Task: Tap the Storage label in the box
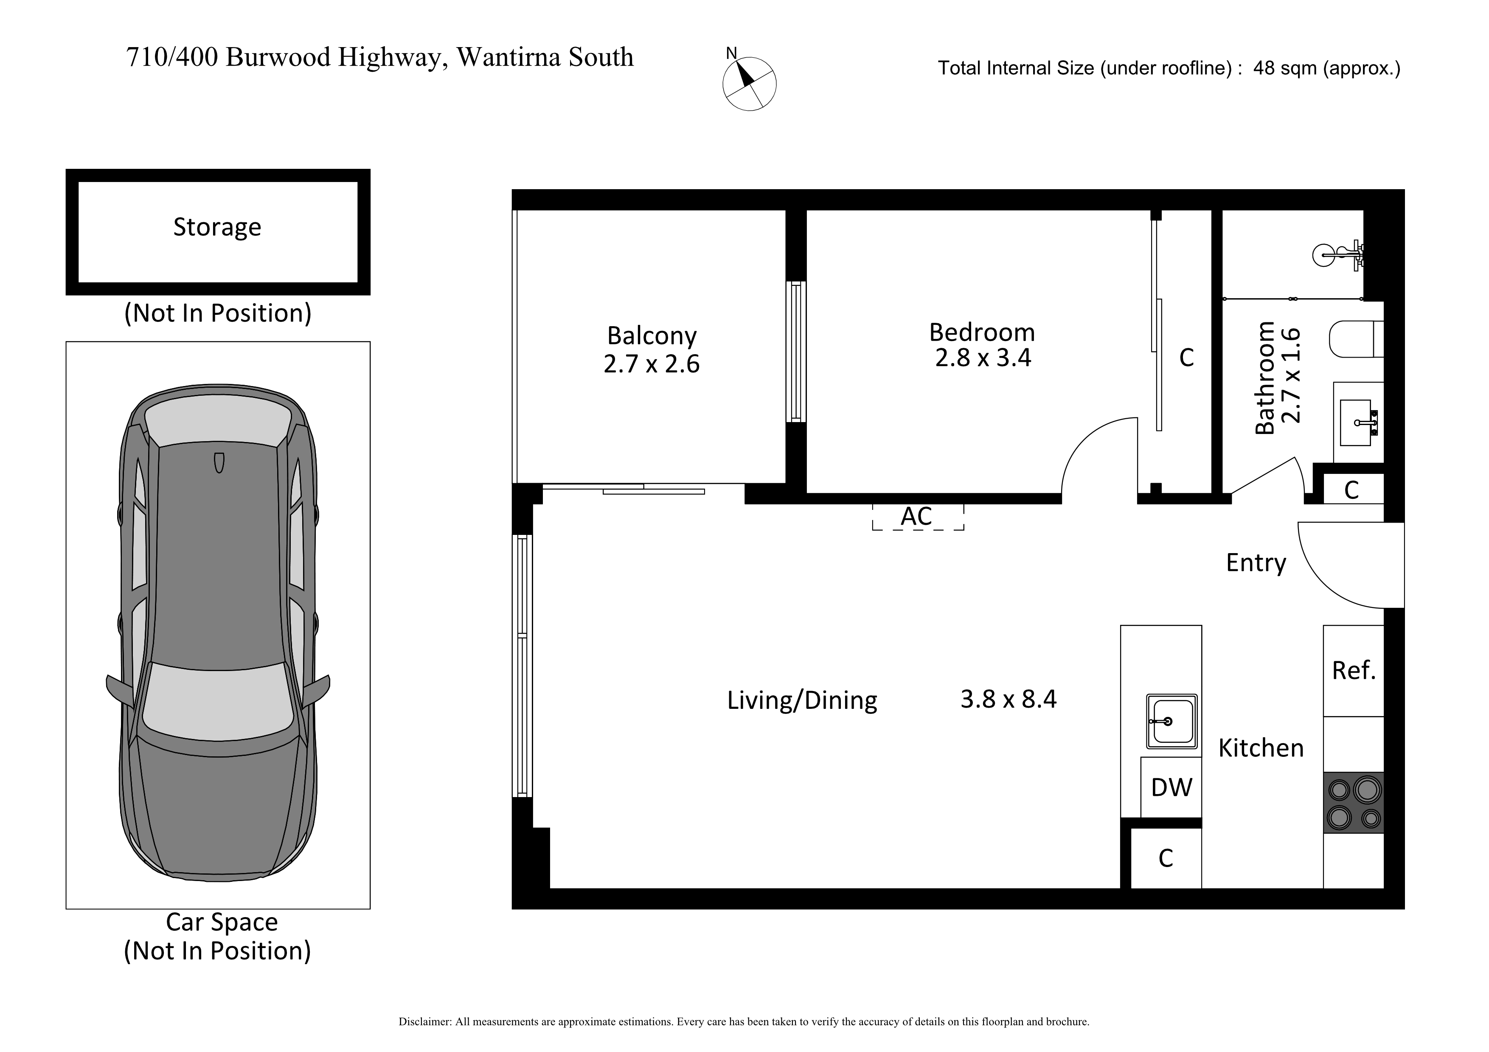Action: pyautogui.click(x=217, y=227)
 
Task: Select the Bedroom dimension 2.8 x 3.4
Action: pyautogui.click(x=983, y=357)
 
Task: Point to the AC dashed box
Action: pyautogui.click(x=918, y=517)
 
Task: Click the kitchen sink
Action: pyautogui.click(x=1172, y=721)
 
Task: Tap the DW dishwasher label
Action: pyautogui.click(x=1171, y=788)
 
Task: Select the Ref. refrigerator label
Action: pyautogui.click(x=1354, y=670)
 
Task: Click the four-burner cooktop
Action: pyautogui.click(x=1354, y=803)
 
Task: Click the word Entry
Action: pyautogui.click(x=1256, y=562)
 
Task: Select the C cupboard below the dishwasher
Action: pyautogui.click(x=1166, y=858)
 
